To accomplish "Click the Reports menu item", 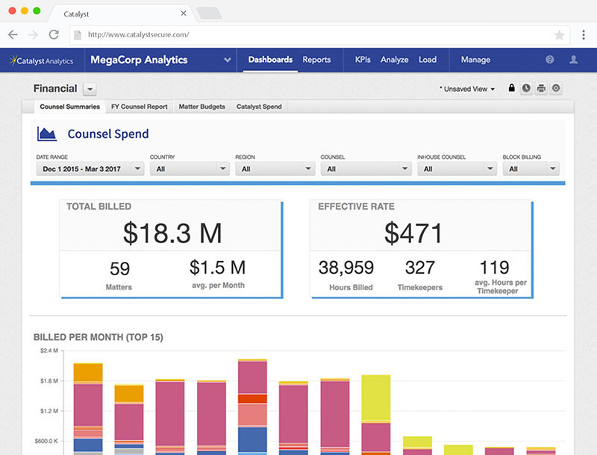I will point(316,60).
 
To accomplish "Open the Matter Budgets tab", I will point(202,107).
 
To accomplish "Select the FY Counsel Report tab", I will point(139,107).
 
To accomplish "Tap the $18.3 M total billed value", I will point(172,233).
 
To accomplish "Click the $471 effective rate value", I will point(413,233).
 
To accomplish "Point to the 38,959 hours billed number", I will point(346,267).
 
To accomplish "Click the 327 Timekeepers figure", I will point(420,267).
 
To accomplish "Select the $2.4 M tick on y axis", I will point(48,351).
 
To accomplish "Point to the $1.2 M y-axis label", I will point(48,411).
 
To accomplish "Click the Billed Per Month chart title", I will point(99,337).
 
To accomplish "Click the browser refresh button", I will point(54,34).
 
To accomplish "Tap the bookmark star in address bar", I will point(559,35).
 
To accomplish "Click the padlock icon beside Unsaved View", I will point(511,89).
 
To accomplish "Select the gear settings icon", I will point(556,89).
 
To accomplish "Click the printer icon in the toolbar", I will point(541,89).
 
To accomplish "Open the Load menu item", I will point(428,60).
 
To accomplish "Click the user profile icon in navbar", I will point(573,60).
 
